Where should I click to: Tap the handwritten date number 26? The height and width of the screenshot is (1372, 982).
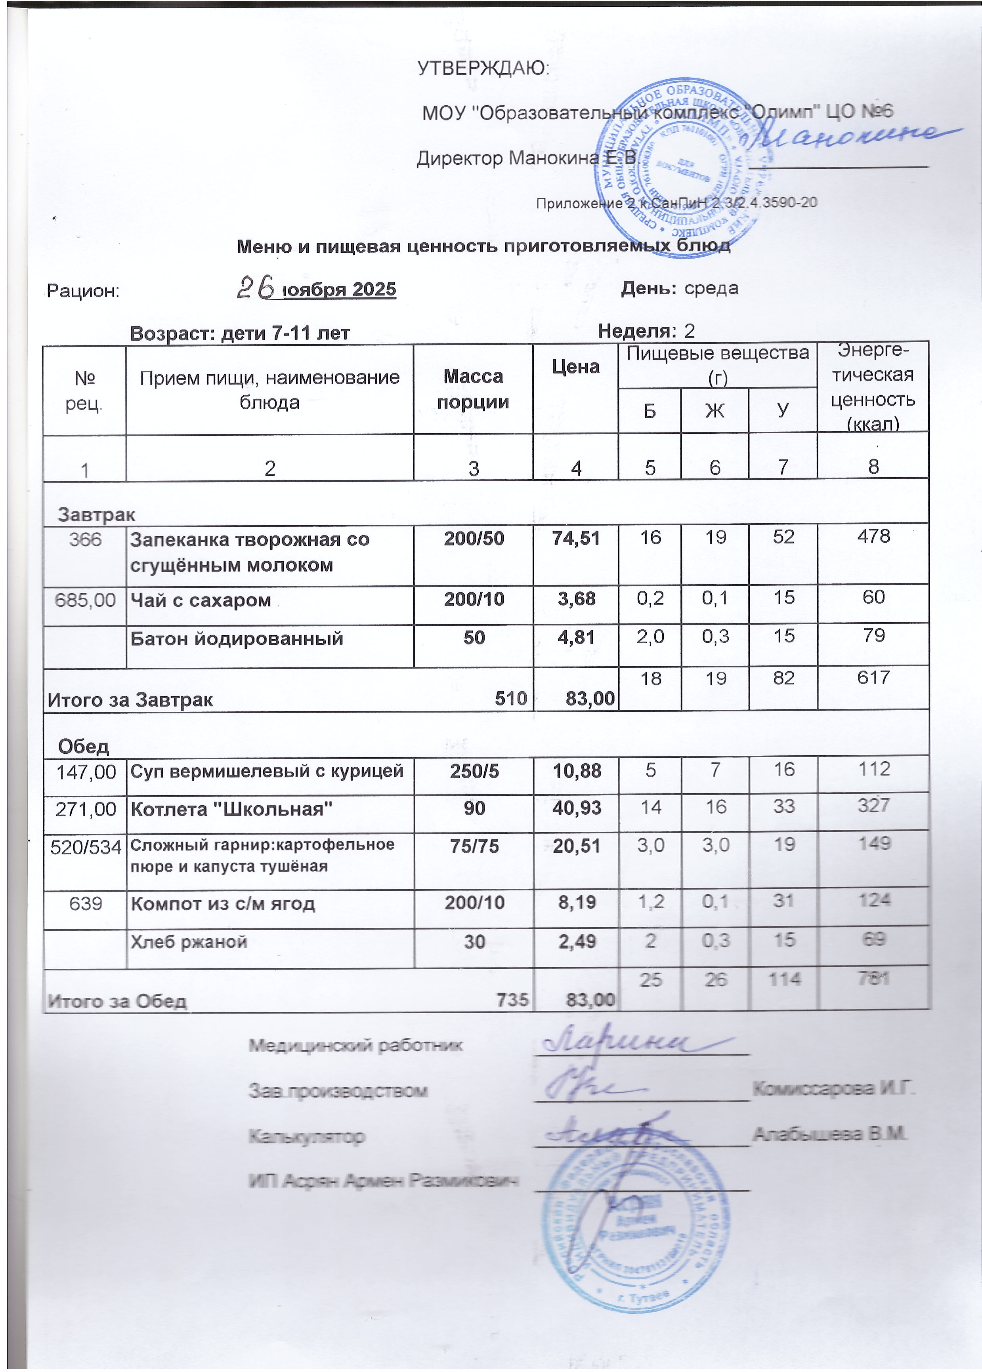(257, 287)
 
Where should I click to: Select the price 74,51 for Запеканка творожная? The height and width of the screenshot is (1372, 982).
(576, 538)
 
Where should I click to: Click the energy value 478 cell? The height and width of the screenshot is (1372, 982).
(873, 536)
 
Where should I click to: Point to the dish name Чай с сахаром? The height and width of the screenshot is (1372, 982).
(201, 600)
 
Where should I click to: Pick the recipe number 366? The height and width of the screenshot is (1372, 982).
(85, 539)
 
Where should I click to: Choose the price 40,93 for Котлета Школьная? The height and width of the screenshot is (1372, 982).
(577, 808)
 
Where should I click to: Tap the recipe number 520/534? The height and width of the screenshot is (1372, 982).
(85, 847)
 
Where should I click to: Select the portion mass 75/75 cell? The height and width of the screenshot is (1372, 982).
(474, 846)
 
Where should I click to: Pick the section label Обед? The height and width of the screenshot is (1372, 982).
(84, 747)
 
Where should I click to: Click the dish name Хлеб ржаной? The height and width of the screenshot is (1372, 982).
(189, 941)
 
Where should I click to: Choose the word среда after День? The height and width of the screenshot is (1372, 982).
(711, 288)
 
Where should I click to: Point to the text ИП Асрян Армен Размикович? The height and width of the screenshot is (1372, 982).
(383, 1180)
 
